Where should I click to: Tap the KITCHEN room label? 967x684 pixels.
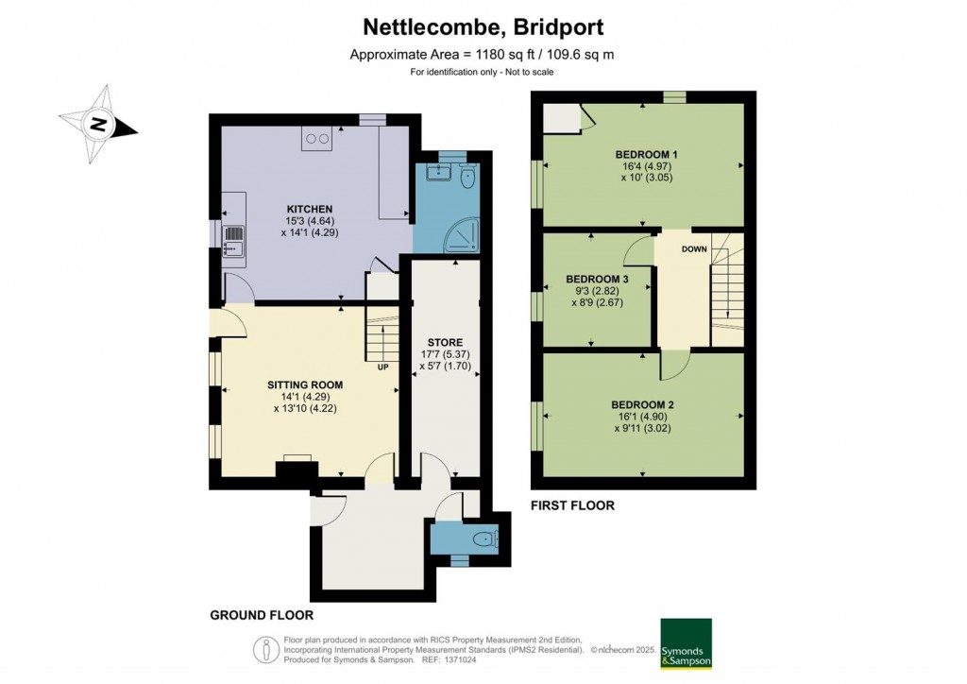tap(310, 209)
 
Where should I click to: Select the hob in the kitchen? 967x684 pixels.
tap(316, 138)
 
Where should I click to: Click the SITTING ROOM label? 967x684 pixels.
tap(304, 385)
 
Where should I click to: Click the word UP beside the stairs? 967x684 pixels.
tap(383, 368)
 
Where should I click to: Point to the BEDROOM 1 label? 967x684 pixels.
tap(646, 154)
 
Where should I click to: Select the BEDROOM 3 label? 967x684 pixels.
tap(597, 280)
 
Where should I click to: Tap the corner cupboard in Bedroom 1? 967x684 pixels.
tap(564, 118)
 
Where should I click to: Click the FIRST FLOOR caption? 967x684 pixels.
tap(572, 505)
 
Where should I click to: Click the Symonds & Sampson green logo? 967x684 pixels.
tap(685, 643)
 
